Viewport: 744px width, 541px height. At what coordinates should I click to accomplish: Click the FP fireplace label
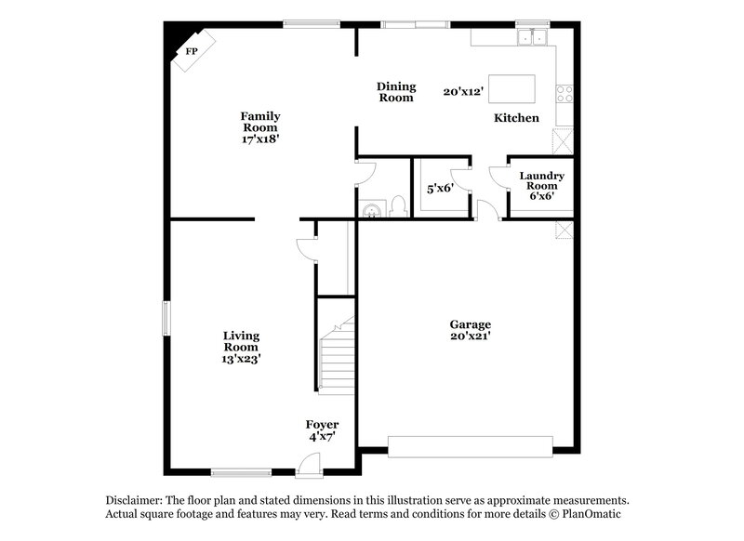tap(192, 51)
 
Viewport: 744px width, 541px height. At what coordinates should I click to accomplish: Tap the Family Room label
tap(261, 122)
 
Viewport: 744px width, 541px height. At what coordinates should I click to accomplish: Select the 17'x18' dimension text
tap(261, 139)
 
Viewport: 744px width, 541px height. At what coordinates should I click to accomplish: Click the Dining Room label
tap(395, 92)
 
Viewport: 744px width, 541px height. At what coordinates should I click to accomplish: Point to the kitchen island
tap(511, 89)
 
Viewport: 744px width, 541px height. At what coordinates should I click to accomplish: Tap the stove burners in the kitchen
tap(564, 93)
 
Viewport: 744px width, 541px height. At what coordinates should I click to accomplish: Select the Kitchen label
tap(516, 118)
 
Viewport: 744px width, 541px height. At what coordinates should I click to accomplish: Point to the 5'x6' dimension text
tap(439, 188)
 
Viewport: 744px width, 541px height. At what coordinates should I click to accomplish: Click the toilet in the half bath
tap(397, 205)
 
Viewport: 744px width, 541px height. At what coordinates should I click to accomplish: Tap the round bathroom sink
tap(371, 209)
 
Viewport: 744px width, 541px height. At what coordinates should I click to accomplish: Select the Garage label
tap(472, 324)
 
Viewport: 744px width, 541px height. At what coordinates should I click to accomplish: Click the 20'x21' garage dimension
tap(472, 336)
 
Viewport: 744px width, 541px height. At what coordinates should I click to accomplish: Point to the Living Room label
tap(241, 341)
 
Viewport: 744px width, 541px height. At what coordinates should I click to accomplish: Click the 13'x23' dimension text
tap(241, 359)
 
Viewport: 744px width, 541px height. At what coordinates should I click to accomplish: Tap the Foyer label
tap(323, 425)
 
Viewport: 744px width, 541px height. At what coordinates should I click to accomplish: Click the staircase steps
tap(338, 363)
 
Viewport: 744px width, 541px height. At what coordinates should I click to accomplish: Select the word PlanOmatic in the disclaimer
tap(589, 513)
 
